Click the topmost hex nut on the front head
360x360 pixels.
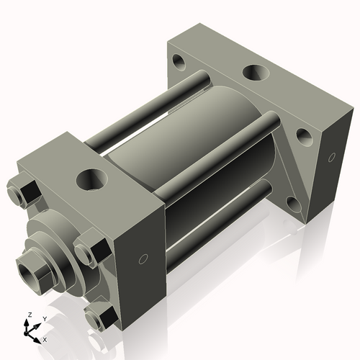[x=23, y=192]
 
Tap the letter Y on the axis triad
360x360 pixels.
[x=44, y=318]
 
